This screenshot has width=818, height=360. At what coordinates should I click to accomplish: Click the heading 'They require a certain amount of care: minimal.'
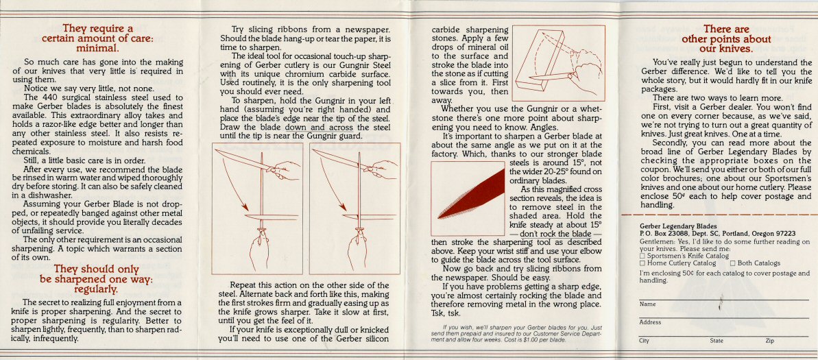coord(97,38)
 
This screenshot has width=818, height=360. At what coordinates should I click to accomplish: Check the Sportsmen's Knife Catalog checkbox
coord(642,256)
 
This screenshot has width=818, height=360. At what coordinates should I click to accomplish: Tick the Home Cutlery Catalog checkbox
coord(642,263)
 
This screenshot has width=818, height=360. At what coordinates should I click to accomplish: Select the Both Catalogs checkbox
coord(733,263)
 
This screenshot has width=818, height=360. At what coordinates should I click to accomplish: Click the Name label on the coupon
coord(647,303)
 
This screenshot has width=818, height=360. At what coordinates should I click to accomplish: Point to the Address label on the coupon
coord(650,322)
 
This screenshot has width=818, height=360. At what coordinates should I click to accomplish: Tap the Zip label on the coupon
coord(769,340)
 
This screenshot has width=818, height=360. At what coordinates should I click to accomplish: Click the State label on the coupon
coord(717,340)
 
